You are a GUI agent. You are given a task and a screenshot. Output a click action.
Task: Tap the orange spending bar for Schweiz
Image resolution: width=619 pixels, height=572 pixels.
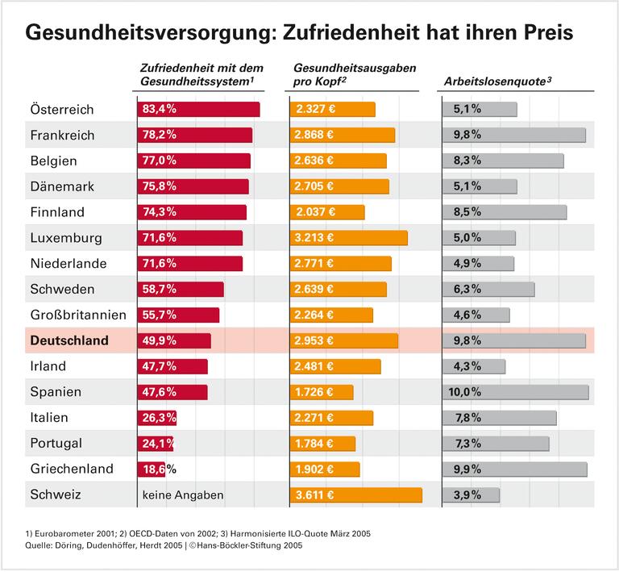click(x=355, y=495)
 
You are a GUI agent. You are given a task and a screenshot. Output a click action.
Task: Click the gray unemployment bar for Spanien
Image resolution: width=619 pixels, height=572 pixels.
click(x=515, y=392)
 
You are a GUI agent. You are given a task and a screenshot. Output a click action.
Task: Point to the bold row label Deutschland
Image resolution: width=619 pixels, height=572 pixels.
click(x=69, y=340)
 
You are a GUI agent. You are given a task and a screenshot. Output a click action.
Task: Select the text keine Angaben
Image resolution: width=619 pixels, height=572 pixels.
click(x=183, y=495)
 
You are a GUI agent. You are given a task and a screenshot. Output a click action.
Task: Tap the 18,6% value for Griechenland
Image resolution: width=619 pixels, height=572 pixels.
click(x=160, y=469)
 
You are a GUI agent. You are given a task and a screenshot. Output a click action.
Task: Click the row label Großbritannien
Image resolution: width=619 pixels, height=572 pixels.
click(x=78, y=315)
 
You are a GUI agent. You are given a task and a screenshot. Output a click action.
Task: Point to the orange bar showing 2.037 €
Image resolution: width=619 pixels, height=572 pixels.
click(x=326, y=212)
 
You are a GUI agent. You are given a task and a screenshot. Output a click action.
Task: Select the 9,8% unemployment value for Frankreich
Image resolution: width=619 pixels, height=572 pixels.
click(x=467, y=135)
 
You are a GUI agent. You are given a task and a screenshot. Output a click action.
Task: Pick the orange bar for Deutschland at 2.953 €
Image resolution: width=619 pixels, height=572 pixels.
click(x=343, y=340)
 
